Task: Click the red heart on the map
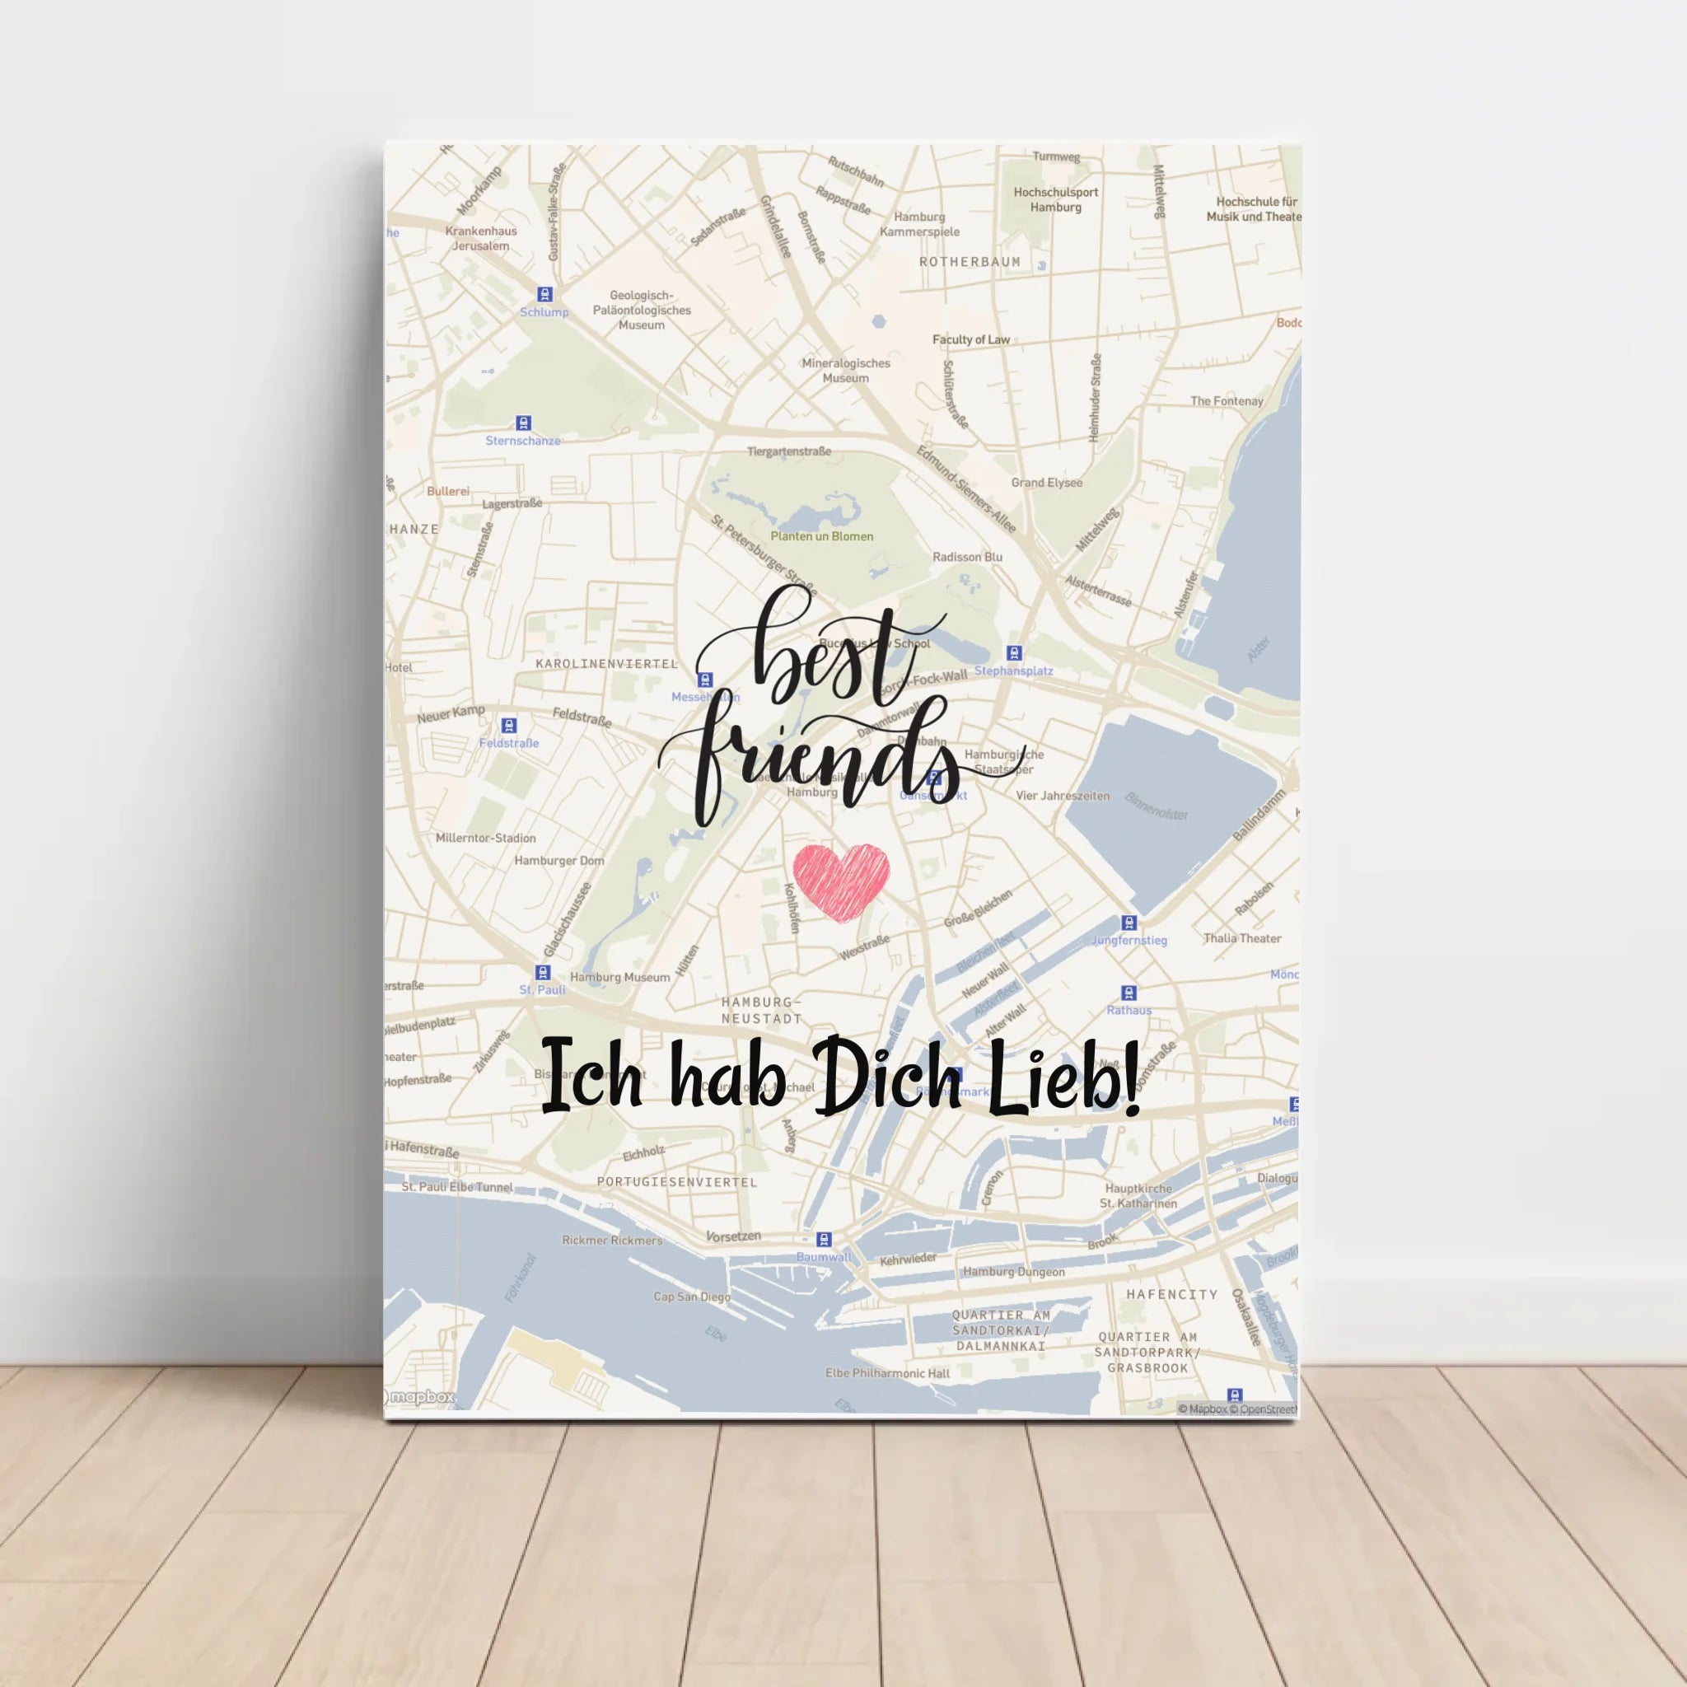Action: point(841,881)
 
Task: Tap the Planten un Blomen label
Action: point(820,536)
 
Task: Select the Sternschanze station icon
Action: point(523,423)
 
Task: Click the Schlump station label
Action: point(543,311)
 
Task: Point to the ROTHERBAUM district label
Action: point(970,262)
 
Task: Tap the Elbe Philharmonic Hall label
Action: point(886,1373)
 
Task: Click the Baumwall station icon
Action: point(823,1240)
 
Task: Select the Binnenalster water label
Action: point(1156,806)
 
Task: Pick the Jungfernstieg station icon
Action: point(1129,923)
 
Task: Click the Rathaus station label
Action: point(1129,1010)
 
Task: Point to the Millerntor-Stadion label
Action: point(485,839)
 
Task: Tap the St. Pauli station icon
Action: point(542,973)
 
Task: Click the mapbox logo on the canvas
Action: point(420,1397)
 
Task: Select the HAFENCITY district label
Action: point(1171,1294)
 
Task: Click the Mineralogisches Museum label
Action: point(845,370)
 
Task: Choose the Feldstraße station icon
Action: point(509,726)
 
